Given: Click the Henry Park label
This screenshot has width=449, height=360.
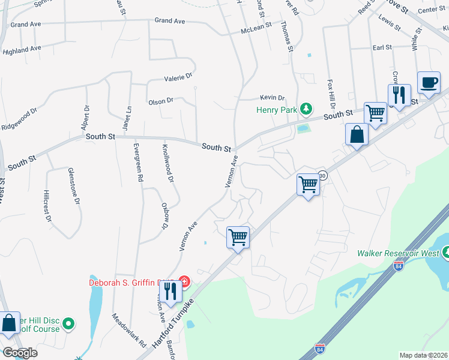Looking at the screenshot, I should click(x=276, y=110).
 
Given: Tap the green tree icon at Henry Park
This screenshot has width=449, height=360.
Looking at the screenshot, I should click(x=307, y=109).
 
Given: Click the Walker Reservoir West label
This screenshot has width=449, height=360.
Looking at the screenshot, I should click(x=399, y=253).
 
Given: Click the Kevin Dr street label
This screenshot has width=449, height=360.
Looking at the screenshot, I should click(x=272, y=98).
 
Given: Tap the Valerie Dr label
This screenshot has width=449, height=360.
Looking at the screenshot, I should click(x=178, y=77).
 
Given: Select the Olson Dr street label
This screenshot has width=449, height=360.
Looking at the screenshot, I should click(x=160, y=102).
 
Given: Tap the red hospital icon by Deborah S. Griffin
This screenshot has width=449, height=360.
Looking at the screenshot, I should click(x=185, y=281).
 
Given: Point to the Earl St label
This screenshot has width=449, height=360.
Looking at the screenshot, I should click(x=382, y=47).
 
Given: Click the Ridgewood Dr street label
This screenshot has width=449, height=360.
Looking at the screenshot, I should click(x=19, y=111).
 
